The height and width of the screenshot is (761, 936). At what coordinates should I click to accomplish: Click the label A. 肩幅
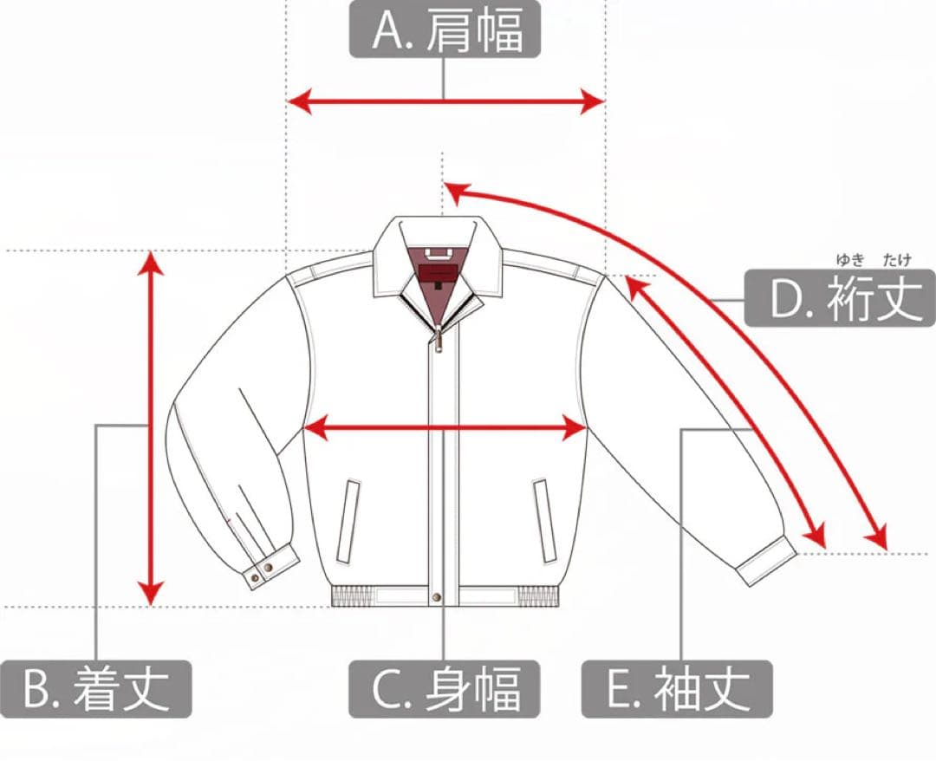(x=445, y=29)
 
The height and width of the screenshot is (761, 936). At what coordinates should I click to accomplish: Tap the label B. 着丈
(x=96, y=689)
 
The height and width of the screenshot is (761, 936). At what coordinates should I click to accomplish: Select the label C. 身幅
(x=445, y=689)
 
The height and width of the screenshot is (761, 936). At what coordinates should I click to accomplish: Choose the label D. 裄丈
(x=840, y=298)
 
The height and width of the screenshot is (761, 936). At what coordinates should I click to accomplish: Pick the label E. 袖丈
(x=677, y=689)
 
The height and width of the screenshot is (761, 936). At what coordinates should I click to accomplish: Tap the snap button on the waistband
(x=437, y=597)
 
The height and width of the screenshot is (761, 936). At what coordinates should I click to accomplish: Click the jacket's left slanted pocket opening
(x=348, y=521)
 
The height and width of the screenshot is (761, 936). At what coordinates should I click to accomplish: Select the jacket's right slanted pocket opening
(x=544, y=521)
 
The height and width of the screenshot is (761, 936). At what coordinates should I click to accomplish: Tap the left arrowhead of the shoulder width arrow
(x=300, y=101)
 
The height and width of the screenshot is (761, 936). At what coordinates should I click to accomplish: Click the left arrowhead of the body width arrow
(x=316, y=427)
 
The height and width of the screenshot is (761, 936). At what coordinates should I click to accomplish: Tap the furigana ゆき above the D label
(x=850, y=260)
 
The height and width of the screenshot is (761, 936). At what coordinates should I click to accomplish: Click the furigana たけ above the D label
(x=897, y=260)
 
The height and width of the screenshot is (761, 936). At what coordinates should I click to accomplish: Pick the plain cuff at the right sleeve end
(x=766, y=561)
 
